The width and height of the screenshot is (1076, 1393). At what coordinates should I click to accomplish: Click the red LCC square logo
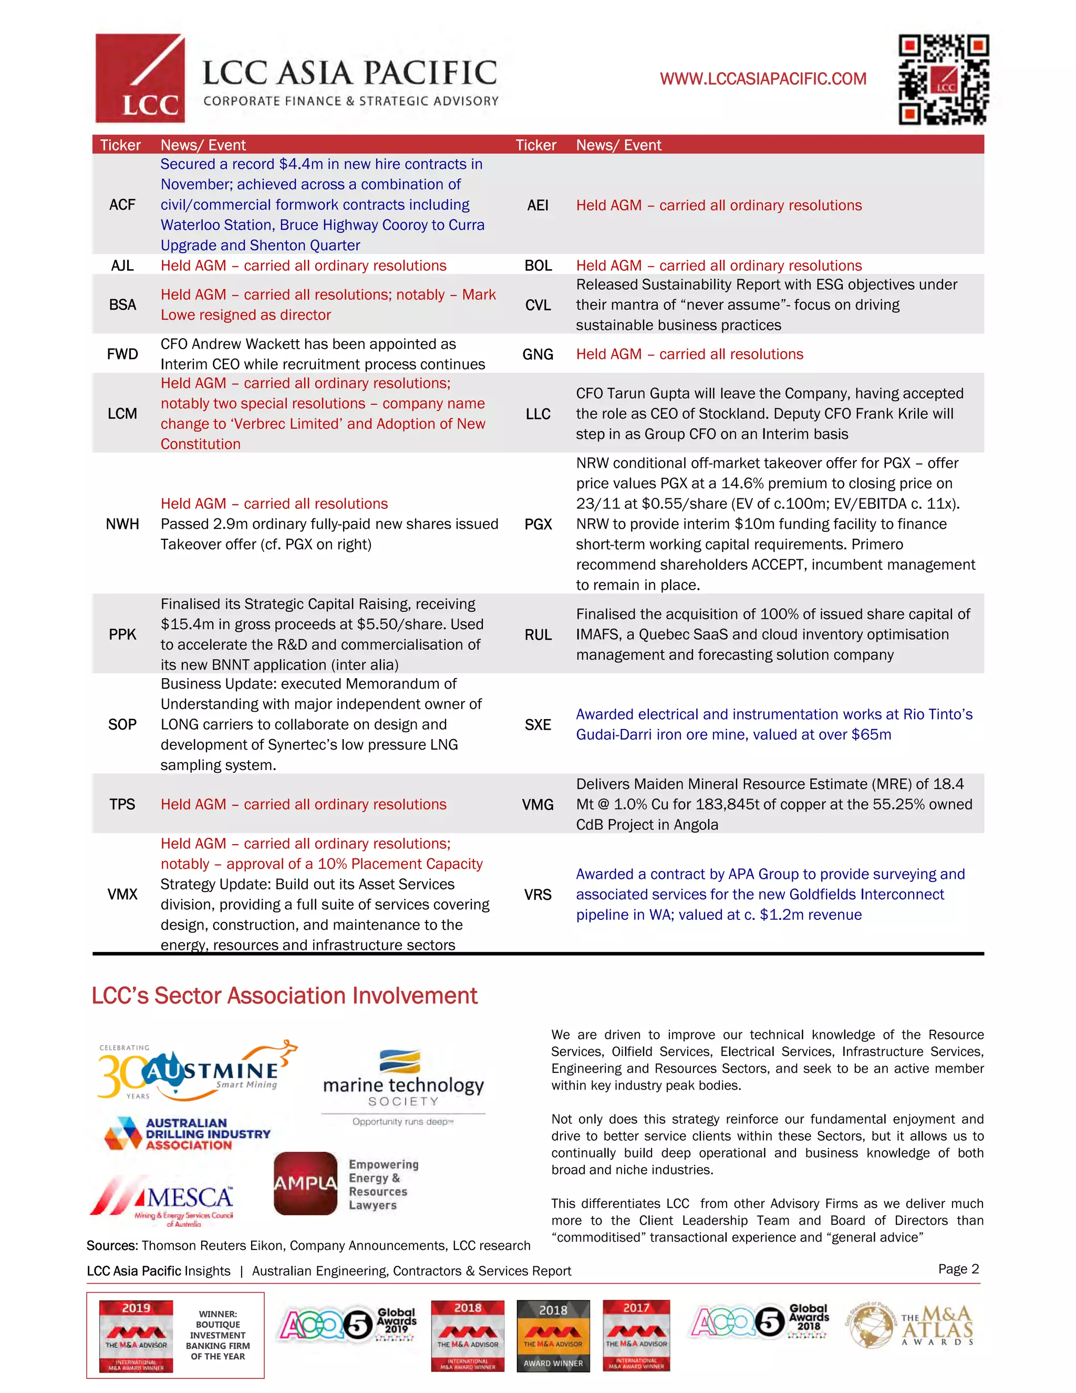click(x=140, y=78)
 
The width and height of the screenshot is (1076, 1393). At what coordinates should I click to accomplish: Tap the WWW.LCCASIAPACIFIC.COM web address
click(x=763, y=79)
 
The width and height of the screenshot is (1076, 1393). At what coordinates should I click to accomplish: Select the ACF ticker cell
click(x=122, y=204)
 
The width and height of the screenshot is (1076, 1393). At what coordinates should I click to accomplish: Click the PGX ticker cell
click(x=538, y=524)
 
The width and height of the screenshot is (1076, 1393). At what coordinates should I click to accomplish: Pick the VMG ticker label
click(x=538, y=805)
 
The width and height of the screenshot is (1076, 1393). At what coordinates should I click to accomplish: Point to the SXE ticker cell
click(x=538, y=725)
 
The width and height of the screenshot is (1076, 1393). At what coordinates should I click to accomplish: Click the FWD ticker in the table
click(x=122, y=355)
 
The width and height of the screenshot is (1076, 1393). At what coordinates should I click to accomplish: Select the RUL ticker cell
click(x=538, y=636)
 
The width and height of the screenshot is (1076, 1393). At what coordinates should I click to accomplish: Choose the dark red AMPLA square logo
click(x=305, y=1183)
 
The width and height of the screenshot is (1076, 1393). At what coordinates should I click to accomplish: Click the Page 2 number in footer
click(x=958, y=1269)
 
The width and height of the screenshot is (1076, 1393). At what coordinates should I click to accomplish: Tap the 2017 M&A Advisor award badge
click(x=636, y=1336)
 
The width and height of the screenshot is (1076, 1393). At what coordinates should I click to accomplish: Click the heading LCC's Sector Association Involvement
click(x=284, y=996)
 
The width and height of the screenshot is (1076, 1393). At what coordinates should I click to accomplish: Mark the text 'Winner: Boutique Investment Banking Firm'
click(x=218, y=1335)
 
